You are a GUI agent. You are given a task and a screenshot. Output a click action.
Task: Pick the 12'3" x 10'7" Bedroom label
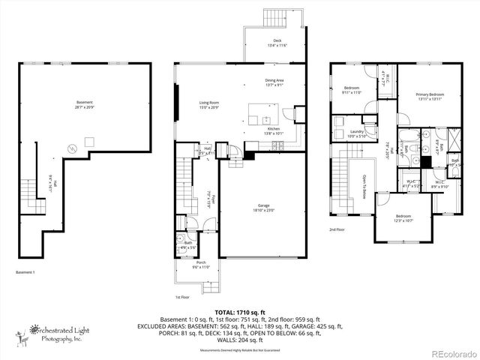tap(403, 218)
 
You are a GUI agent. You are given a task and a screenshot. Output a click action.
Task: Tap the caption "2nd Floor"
tap(337, 230)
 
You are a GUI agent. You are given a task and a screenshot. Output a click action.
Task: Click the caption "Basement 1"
tap(25, 272)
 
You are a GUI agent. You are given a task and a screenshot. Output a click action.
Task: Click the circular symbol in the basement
tap(71, 148)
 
